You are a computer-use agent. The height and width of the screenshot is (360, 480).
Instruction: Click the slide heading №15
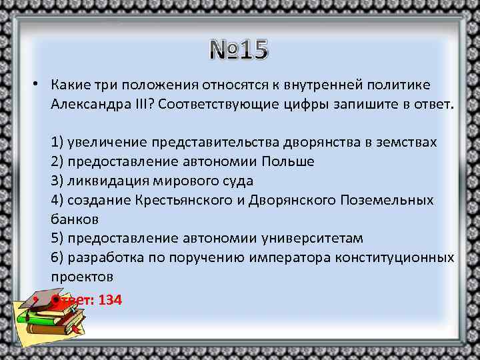(x=239, y=49)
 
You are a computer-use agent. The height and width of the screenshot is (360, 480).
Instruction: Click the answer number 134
(x=110, y=300)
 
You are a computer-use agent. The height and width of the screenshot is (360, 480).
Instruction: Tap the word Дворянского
(x=291, y=200)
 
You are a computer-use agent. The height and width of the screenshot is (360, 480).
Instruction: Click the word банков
(x=74, y=219)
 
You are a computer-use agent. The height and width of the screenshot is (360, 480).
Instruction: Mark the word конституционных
(x=404, y=257)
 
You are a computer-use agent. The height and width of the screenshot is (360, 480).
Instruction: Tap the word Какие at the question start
(x=69, y=86)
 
